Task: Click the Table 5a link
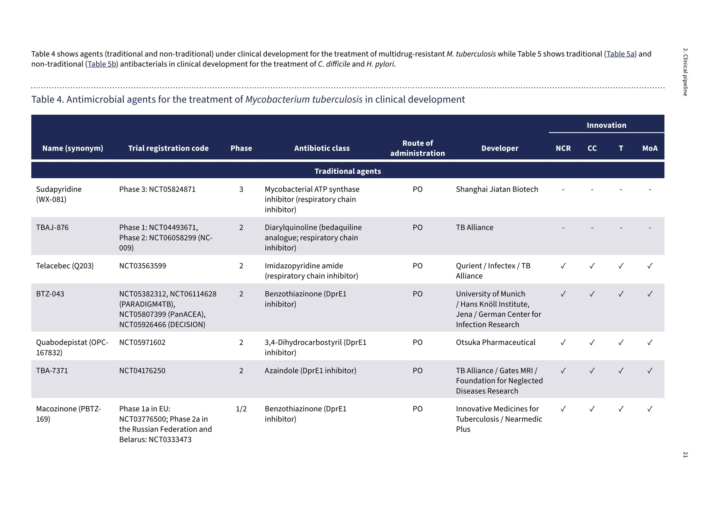pos(620,54)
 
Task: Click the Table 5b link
pos(102,64)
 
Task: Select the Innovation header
pos(606,125)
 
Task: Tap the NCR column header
pos(563,148)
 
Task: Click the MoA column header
pos(650,148)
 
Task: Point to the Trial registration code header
pos(168,148)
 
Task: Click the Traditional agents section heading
pos(348,171)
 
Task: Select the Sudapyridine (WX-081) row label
pos(59,194)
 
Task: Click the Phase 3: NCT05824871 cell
pos(157,189)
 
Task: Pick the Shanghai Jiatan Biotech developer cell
pos(497,189)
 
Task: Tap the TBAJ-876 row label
pos(52,227)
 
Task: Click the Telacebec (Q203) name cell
pos(65,266)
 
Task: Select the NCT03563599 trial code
pos(142,266)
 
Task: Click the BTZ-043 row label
pos(50,294)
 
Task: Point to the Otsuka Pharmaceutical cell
pos(495,342)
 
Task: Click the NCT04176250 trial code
pos(142,371)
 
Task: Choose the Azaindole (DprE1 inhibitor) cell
pos(310,371)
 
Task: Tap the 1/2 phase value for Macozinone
pos(241,409)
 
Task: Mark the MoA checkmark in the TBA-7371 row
pos(650,371)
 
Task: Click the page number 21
pos(685,455)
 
